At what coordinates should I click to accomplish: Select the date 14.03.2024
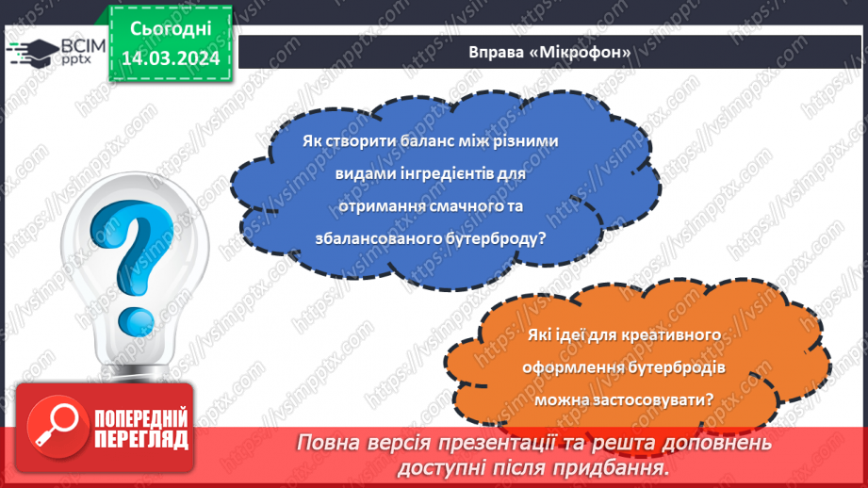tap(170, 58)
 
